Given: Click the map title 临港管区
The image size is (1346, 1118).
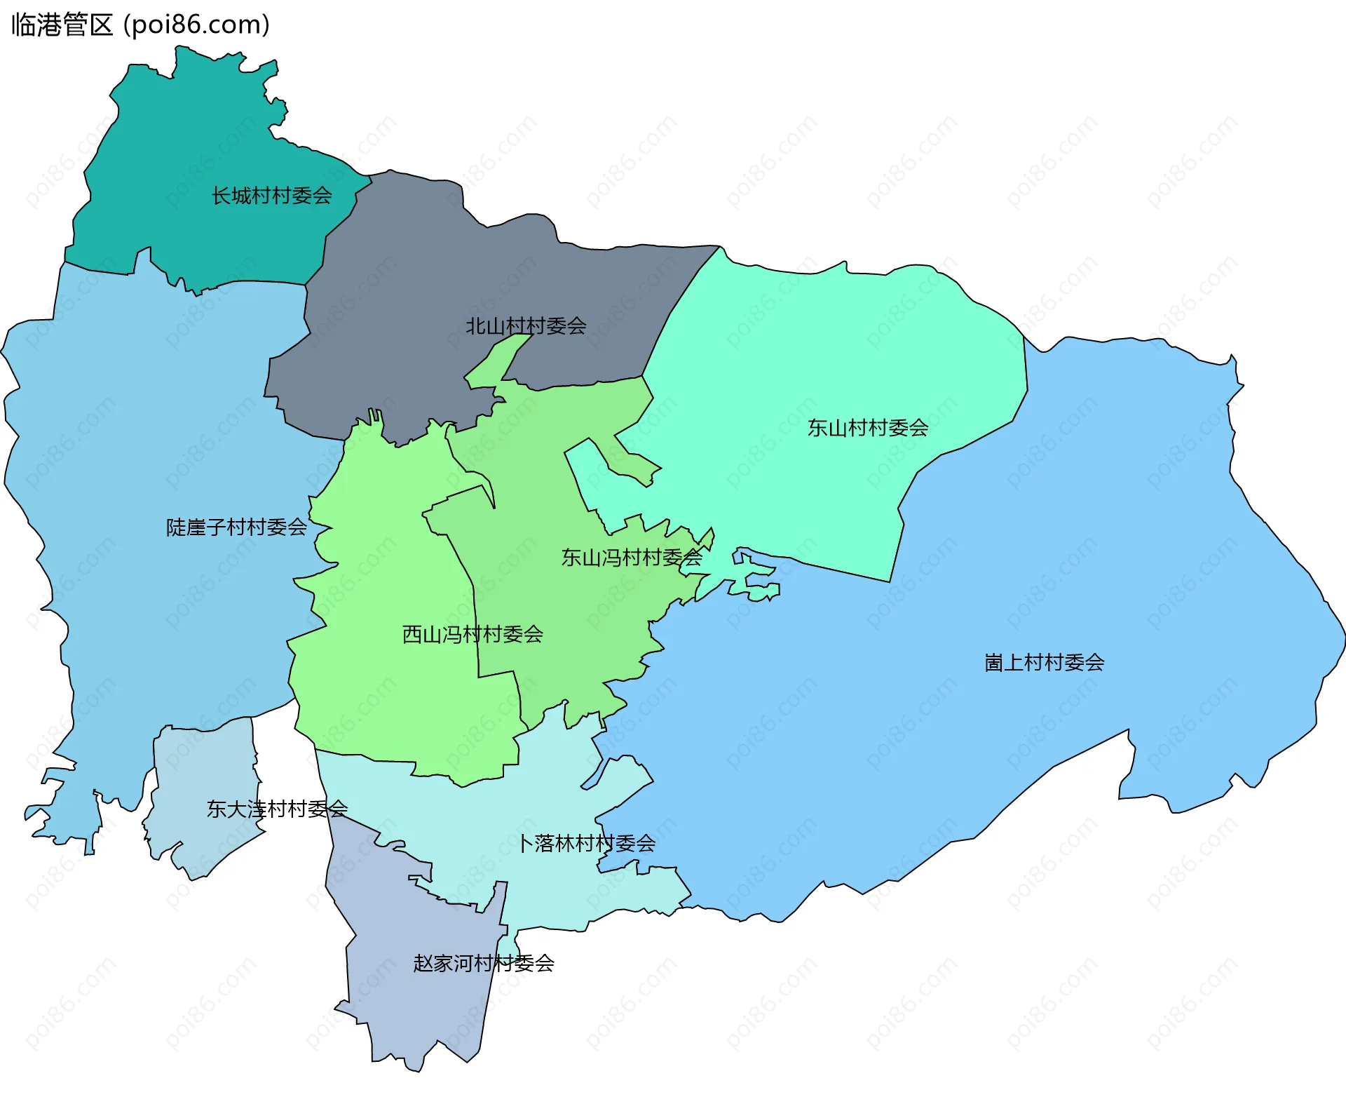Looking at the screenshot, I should tap(62, 25).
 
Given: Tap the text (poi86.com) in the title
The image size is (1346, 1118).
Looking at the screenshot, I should tap(196, 25).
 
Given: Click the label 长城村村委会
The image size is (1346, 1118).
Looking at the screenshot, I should tap(272, 196).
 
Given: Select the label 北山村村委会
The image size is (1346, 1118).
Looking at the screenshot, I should tap(526, 326).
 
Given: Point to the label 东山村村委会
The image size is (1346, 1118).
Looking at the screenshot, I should tap(868, 428).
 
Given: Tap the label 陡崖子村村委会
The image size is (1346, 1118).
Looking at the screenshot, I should tap(236, 527).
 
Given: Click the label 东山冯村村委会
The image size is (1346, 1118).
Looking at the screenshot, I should tap(631, 558).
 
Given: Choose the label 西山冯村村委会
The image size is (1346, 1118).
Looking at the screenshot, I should tap(473, 635).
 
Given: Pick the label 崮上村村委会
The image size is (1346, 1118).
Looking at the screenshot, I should tap(1045, 663).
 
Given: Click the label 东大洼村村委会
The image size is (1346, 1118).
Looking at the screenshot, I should tap(277, 809).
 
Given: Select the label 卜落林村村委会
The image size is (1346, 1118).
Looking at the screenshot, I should tap(587, 844).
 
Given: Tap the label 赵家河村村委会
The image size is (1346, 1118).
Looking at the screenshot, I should tap(484, 964).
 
